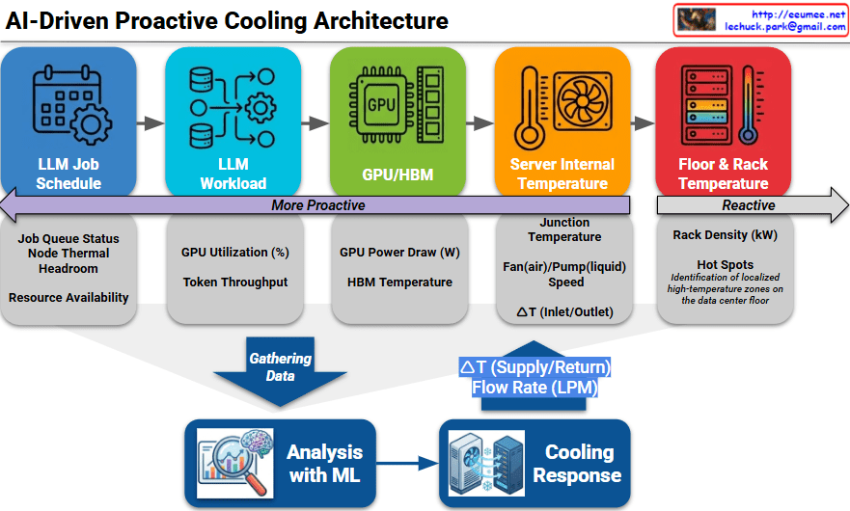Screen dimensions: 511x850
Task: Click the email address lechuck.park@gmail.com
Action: pyautogui.click(x=785, y=28)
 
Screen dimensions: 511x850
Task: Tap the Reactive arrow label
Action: pyautogui.click(x=749, y=205)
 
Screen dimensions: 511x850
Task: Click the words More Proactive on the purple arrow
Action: pyautogui.click(x=318, y=205)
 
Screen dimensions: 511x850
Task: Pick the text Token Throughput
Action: pyautogui.click(x=235, y=282)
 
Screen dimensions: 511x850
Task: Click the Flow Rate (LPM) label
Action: pyautogui.click(x=535, y=388)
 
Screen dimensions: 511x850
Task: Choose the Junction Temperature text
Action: pyautogui.click(x=564, y=229)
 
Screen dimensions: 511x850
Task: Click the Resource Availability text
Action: pyautogui.click(x=69, y=298)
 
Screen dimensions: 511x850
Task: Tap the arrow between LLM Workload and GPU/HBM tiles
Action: pyautogui.click(x=315, y=123)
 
